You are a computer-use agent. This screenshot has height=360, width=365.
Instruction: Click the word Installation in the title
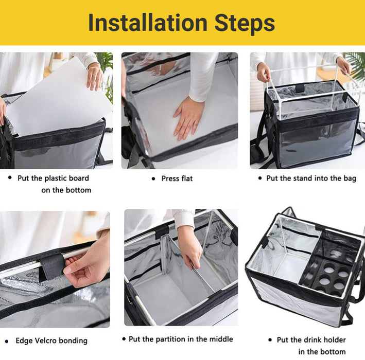(x=148, y=23)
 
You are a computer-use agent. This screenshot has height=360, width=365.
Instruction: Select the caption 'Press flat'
(x=177, y=178)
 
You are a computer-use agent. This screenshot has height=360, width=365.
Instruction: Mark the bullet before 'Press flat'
(x=153, y=179)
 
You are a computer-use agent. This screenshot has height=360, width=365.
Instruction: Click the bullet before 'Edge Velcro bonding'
(x=7, y=341)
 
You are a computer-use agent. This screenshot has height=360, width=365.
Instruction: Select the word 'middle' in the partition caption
(x=221, y=339)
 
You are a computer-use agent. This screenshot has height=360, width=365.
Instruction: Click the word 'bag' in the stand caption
(x=350, y=178)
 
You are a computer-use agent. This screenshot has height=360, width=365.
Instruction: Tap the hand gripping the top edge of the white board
(x=95, y=77)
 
